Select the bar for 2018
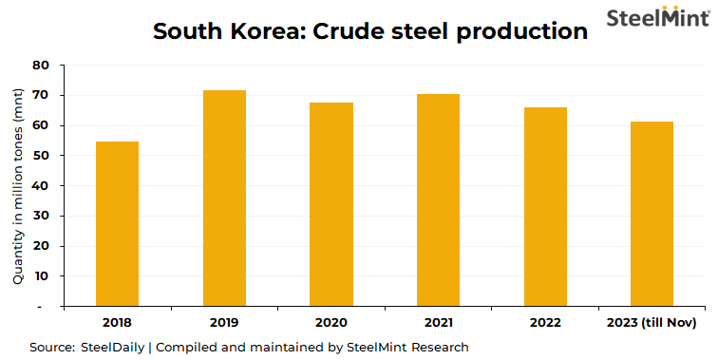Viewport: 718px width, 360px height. pyautogui.click(x=117, y=224)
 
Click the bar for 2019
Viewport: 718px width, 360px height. pyautogui.click(x=224, y=199)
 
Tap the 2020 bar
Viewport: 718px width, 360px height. pyautogui.click(x=331, y=204)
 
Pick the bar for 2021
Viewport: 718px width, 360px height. pyautogui.click(x=438, y=200)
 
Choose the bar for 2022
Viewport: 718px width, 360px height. pyautogui.click(x=545, y=207)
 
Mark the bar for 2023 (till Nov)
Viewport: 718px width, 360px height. pyautogui.click(x=652, y=214)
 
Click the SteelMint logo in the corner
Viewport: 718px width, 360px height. pyautogui.click(x=656, y=18)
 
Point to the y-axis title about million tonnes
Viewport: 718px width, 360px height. pyautogui.click(x=18, y=186)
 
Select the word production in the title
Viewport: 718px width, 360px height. pyautogui.click(x=521, y=32)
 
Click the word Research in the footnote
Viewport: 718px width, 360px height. pyautogui.click(x=439, y=347)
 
